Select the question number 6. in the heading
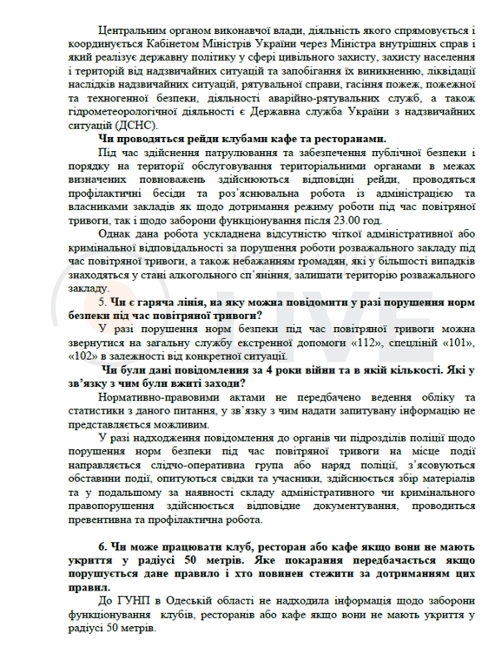[x=102, y=545]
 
